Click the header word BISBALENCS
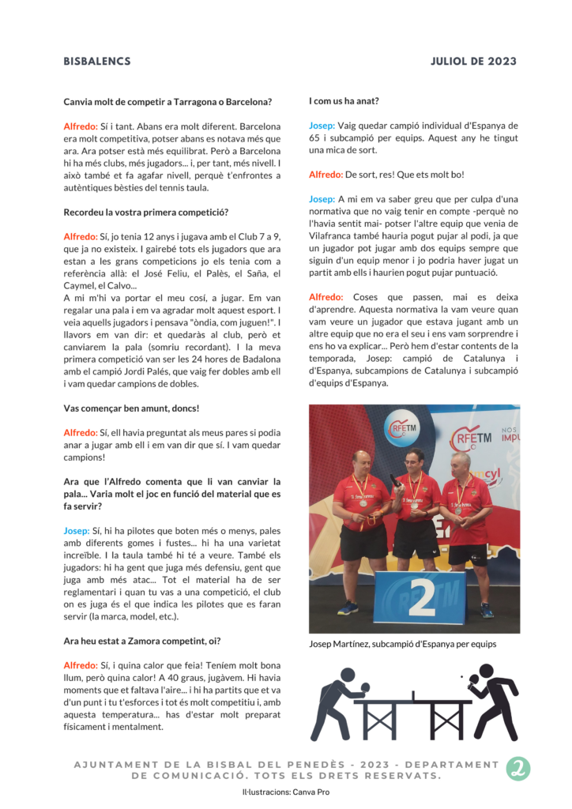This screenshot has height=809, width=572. (97, 62)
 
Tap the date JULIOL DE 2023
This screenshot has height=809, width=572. (473, 62)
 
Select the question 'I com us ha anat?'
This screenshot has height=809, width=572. (344, 101)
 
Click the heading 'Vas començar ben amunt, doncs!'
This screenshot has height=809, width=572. (131, 408)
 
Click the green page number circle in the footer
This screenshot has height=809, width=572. (518, 769)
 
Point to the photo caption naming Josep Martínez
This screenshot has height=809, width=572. (402, 644)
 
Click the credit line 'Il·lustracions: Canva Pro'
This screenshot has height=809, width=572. (286, 791)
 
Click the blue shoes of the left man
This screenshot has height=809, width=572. (346, 608)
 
